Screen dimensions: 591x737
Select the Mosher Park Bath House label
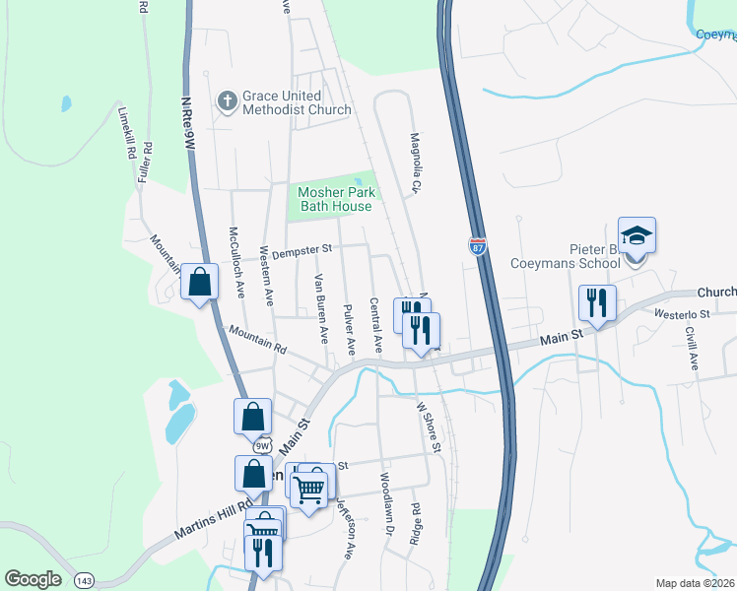[x=335, y=199]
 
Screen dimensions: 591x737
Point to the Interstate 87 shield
[x=478, y=245]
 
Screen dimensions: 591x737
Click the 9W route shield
[x=260, y=446]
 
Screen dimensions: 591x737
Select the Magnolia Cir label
[x=416, y=163]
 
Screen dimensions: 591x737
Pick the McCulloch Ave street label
[x=236, y=263]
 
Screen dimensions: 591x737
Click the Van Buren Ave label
[x=320, y=308]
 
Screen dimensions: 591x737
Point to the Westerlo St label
[x=682, y=314]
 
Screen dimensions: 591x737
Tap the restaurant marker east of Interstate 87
[x=598, y=303]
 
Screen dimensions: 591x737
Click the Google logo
[x=33, y=579]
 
